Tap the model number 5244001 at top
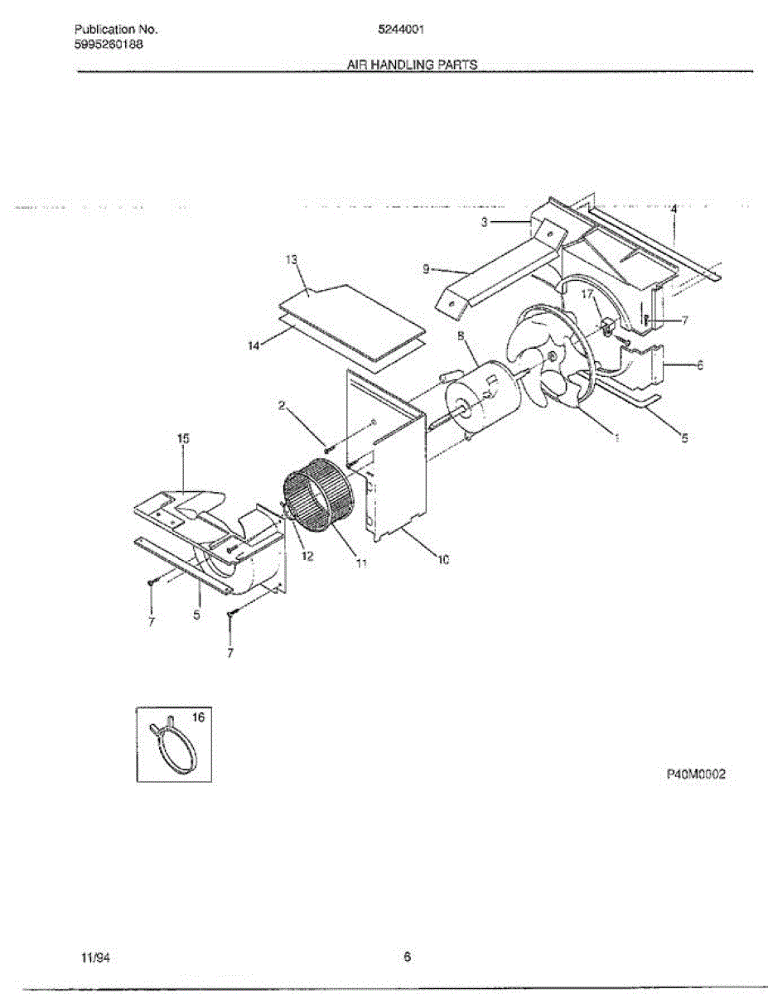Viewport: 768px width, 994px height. coord(402,30)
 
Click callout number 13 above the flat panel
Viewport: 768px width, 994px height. coord(291,259)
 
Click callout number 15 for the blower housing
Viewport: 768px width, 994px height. coord(183,439)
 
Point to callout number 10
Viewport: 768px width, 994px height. coord(443,560)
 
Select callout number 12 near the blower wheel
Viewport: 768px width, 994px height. coord(307,556)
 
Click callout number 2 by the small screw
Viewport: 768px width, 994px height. coord(282,405)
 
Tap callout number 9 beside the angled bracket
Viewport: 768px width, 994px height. coord(425,268)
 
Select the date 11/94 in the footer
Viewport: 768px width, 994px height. coord(97,958)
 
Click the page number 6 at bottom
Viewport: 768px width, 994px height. coord(407,958)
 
